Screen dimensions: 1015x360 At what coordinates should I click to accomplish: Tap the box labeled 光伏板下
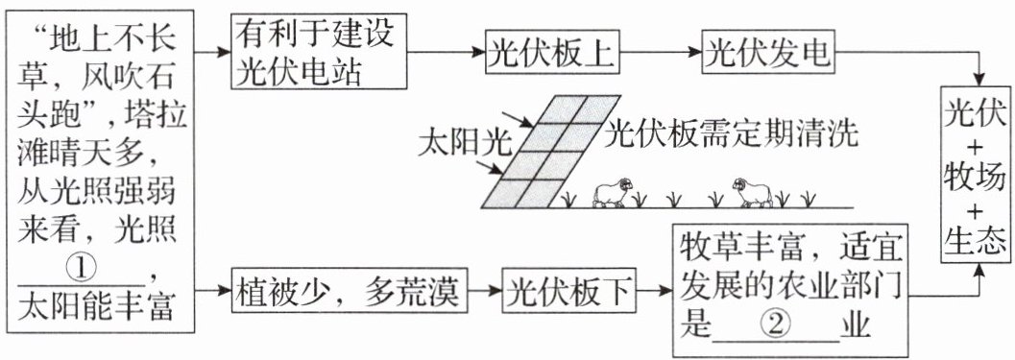point(568,292)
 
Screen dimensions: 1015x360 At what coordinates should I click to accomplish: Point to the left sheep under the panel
point(613,192)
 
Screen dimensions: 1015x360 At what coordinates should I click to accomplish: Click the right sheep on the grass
point(752,192)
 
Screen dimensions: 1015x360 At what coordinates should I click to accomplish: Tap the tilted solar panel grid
point(551,152)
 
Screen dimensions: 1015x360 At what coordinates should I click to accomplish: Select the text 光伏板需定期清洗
point(731,134)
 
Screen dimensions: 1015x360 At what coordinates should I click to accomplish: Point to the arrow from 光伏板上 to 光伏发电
point(662,53)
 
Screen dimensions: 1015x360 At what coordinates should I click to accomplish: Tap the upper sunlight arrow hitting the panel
point(519,118)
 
